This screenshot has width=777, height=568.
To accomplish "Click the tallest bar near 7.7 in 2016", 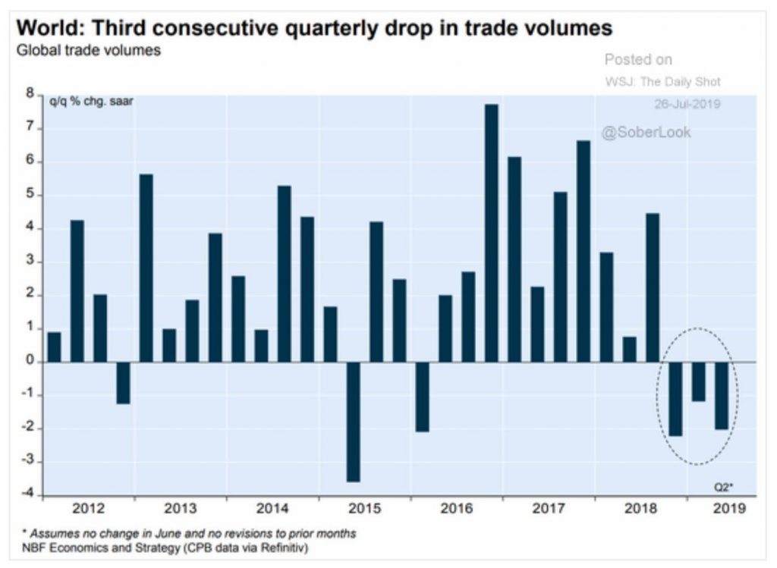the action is (x=492, y=234).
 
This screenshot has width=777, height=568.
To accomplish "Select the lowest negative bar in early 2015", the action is (x=354, y=422).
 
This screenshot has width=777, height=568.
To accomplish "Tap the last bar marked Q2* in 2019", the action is (x=722, y=396).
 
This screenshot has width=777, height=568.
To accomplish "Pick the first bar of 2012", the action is (x=54, y=347).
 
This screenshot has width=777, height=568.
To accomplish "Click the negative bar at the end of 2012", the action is (x=124, y=383).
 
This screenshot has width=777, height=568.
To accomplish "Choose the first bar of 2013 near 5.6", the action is (x=146, y=268).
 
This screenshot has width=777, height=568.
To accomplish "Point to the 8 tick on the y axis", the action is (x=30, y=93).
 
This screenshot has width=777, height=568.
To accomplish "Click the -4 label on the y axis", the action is (x=28, y=493).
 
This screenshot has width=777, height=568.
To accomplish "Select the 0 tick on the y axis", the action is (x=30, y=361).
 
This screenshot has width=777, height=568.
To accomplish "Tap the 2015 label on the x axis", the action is (x=365, y=508).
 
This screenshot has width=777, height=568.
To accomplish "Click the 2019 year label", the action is (x=729, y=508).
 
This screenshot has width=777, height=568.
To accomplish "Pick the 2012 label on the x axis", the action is (x=89, y=508).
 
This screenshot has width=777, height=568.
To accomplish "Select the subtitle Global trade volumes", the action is (x=89, y=51).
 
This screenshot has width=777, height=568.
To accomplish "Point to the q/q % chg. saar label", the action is (x=91, y=102).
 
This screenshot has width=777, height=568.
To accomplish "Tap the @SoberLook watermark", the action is (x=646, y=132).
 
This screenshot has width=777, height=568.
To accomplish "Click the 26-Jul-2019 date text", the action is (x=687, y=104).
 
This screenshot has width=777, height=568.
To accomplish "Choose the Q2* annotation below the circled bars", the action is (x=723, y=488).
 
